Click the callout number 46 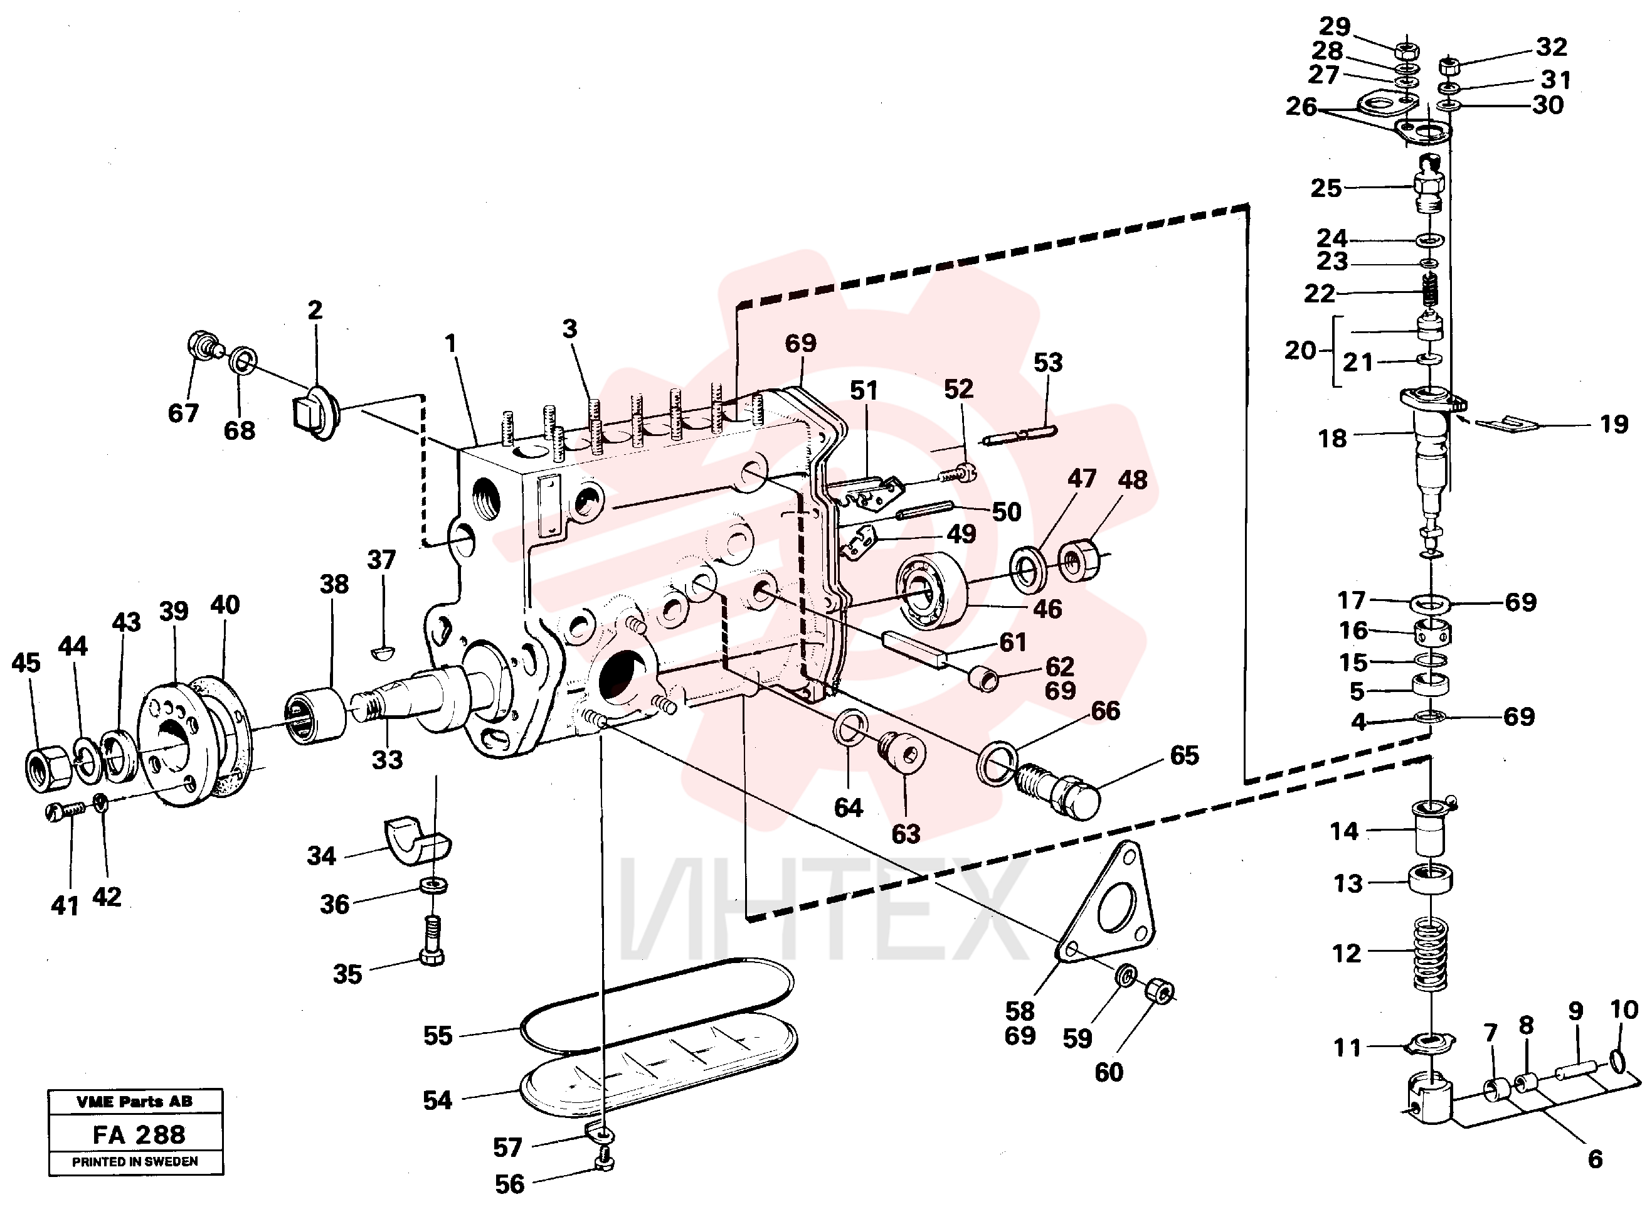(1047, 609)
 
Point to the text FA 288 (139, 1135)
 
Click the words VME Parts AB (135, 1102)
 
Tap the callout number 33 (387, 760)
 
